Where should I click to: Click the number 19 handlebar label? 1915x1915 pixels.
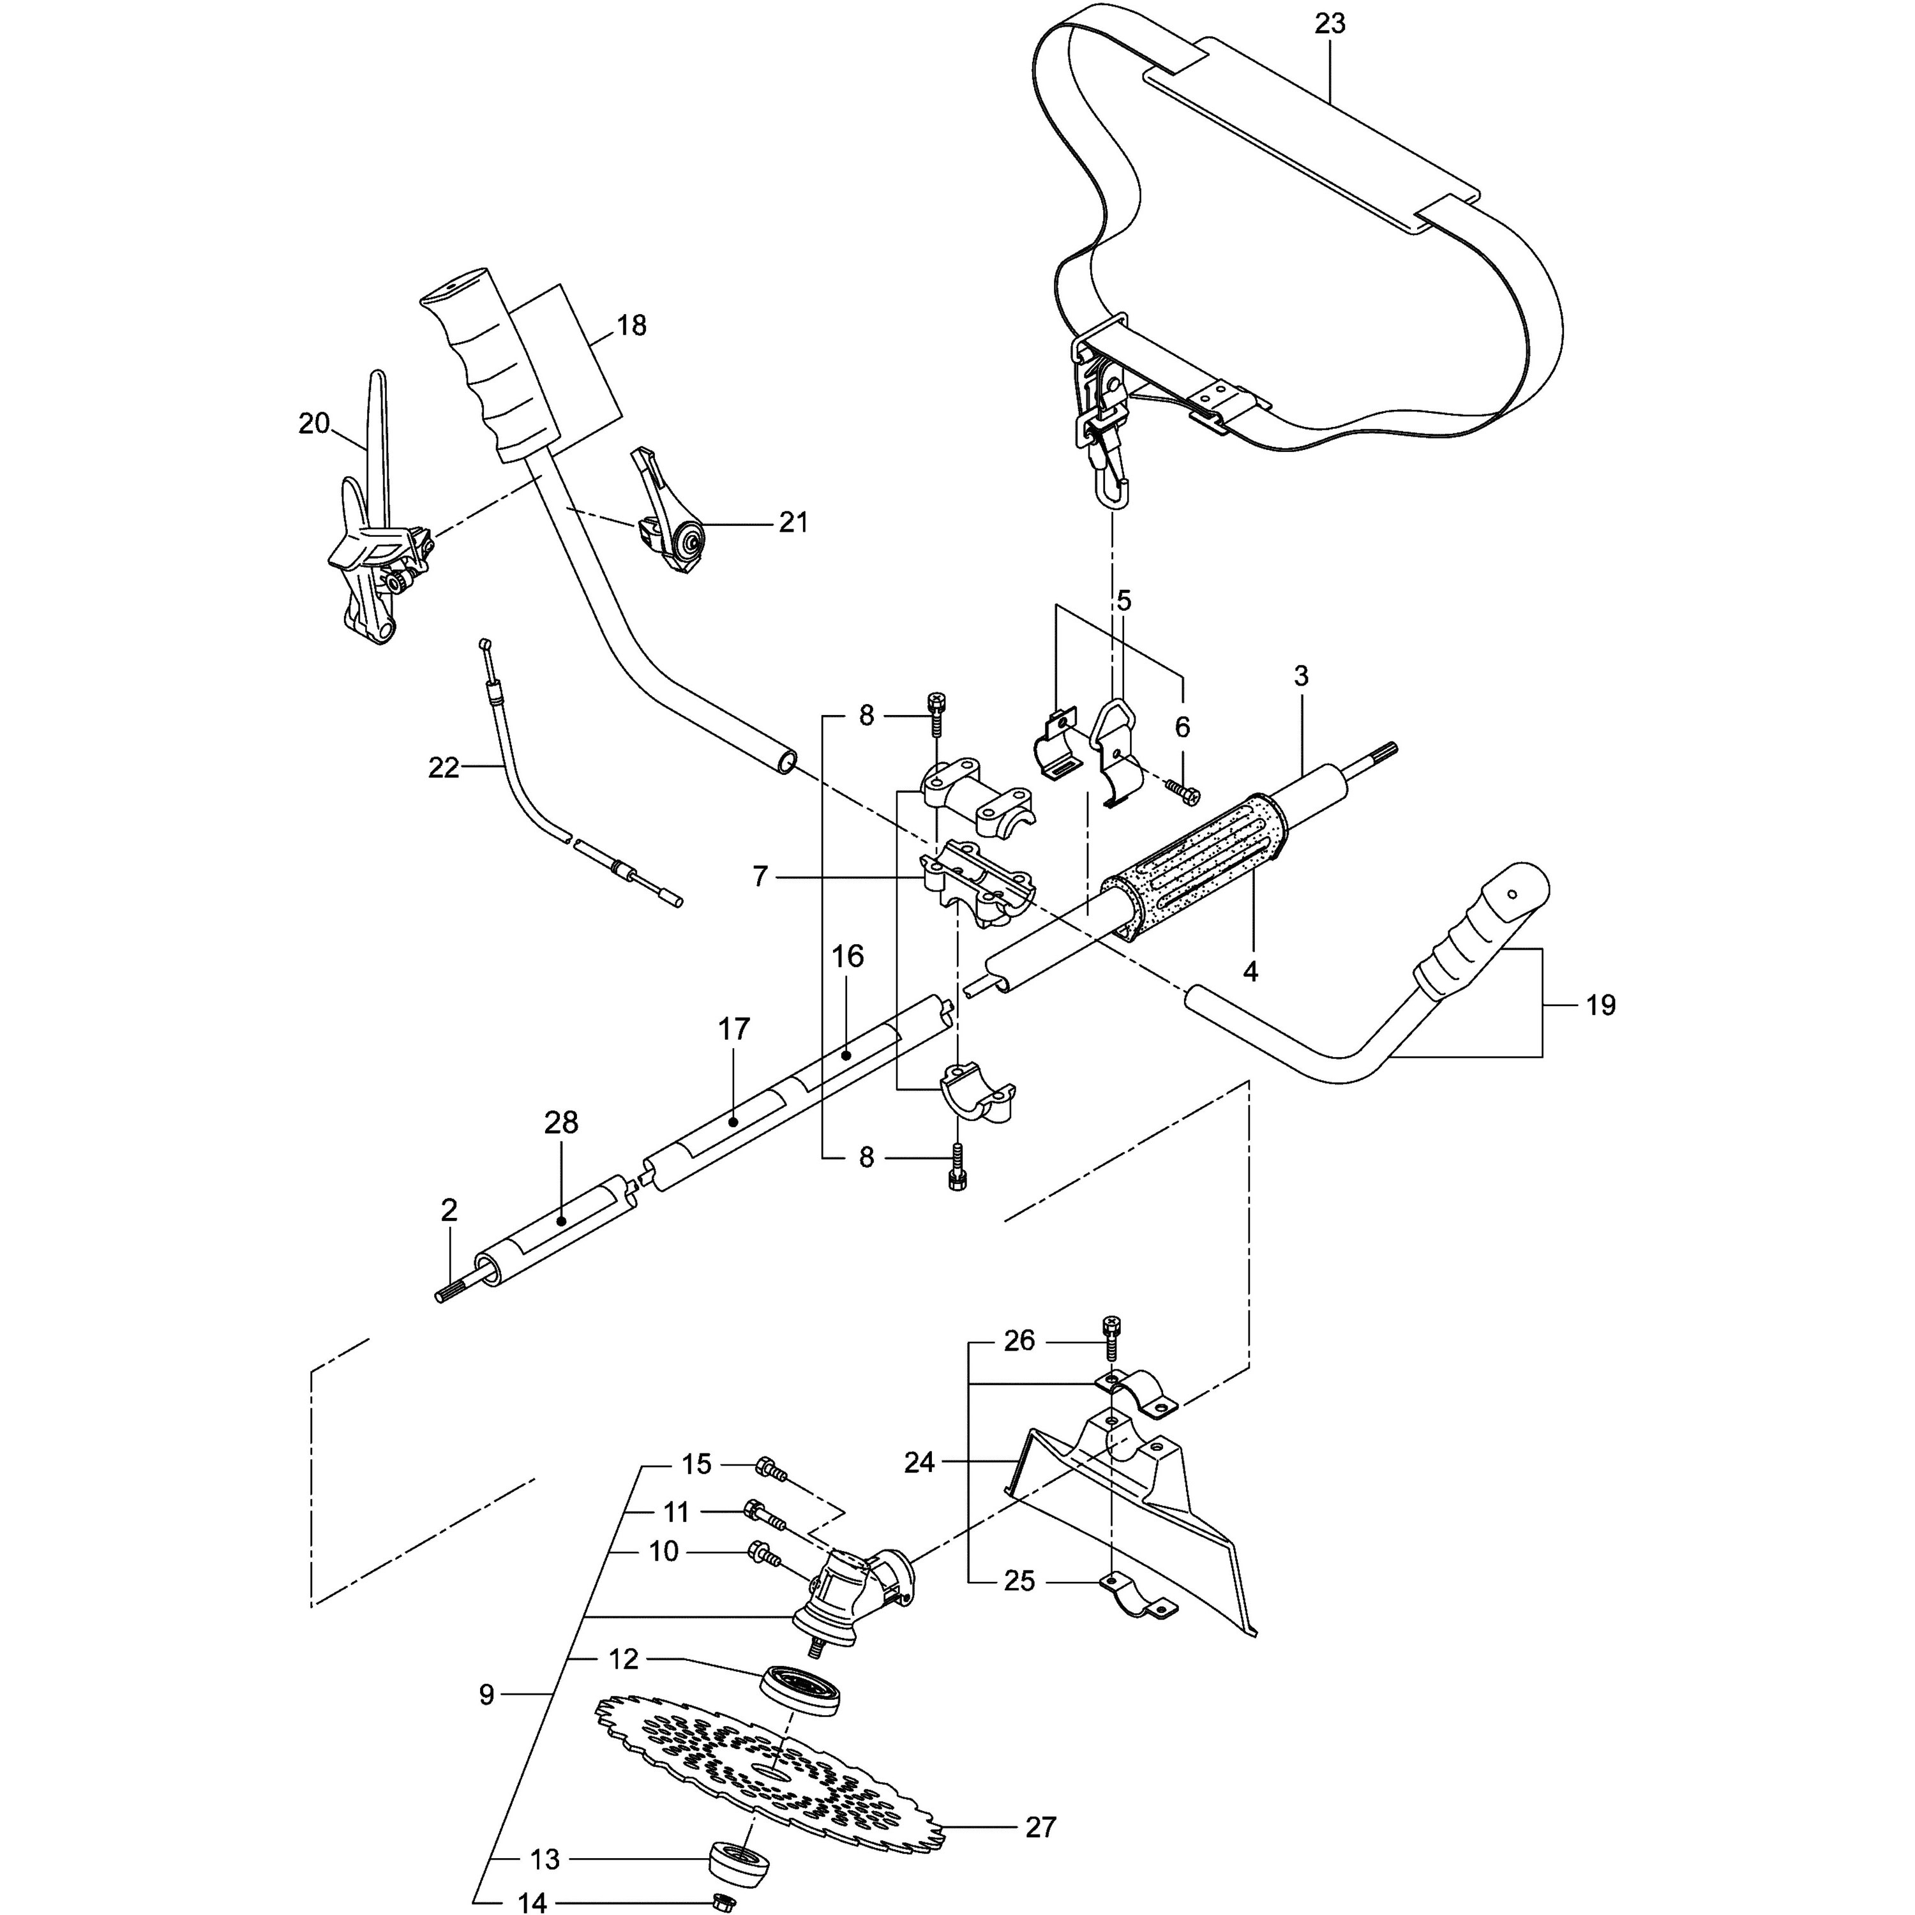pos(1600,1005)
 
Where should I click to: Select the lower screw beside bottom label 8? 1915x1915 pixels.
pos(957,1165)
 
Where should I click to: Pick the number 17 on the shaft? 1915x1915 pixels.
pos(733,1029)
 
